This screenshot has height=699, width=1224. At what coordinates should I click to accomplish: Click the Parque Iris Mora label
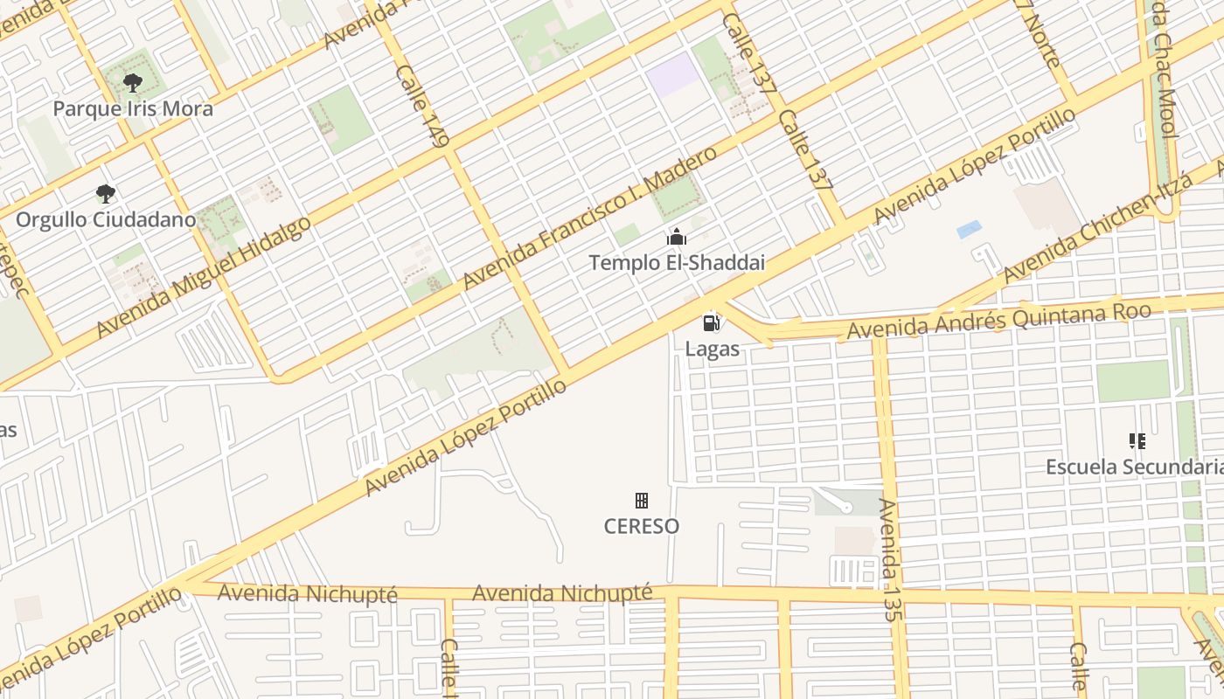133,109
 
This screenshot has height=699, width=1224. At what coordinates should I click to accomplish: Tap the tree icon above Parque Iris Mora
133,84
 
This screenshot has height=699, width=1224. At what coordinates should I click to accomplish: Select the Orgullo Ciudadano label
105,219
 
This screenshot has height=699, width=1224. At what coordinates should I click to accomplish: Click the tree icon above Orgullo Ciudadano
106,193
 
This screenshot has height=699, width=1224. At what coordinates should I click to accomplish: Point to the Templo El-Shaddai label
677,262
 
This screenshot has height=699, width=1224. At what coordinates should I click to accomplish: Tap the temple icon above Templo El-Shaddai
677,237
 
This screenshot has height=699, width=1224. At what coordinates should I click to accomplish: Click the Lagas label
712,349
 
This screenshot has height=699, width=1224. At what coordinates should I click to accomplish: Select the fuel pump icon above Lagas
712,323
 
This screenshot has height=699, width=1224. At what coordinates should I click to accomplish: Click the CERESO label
642,526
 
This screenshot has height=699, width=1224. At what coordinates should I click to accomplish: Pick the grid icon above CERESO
642,501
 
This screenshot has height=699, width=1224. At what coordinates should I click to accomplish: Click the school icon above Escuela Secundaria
1137,441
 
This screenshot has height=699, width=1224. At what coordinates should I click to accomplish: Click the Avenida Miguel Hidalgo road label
204,275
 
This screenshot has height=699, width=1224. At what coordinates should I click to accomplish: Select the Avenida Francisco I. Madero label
590,218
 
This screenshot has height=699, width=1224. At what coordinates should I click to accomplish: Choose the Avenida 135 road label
888,559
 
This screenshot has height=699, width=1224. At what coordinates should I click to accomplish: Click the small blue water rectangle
969,230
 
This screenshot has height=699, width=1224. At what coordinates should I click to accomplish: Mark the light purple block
672,76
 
